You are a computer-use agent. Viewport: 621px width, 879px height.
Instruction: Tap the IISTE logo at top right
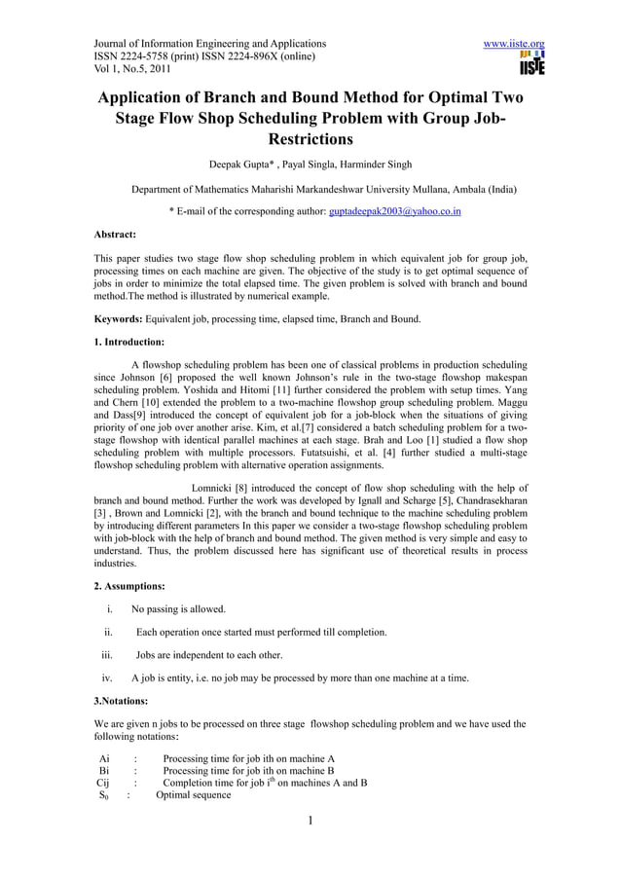click(x=531, y=63)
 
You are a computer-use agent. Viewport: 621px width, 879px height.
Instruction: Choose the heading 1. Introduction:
click(x=128, y=343)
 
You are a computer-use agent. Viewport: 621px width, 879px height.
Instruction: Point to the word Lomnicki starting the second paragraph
click(x=217, y=489)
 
